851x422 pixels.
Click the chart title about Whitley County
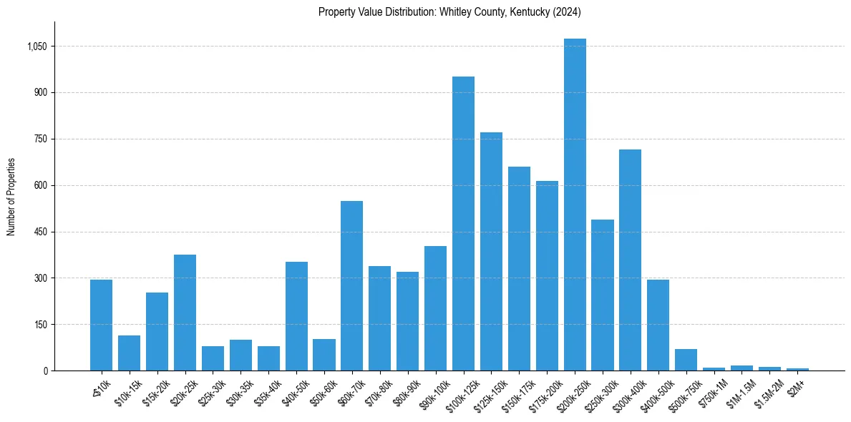449,12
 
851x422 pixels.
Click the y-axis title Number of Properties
11,197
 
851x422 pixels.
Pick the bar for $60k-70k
351,285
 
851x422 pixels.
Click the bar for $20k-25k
185,313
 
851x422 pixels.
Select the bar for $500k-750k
686,360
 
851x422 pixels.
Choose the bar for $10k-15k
129,353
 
